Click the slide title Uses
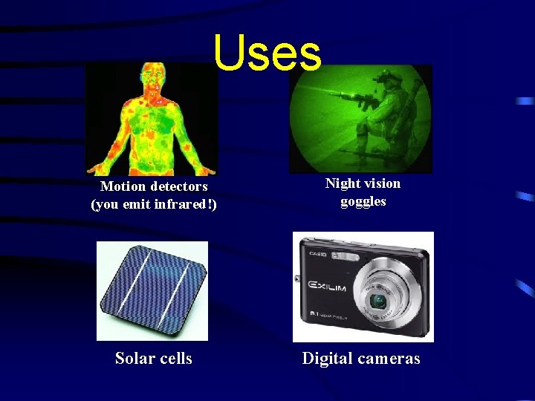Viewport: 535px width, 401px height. [267, 53]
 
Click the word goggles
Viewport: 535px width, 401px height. [363, 201]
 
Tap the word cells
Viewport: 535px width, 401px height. [175, 359]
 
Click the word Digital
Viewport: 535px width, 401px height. [327, 359]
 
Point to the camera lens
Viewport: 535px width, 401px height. [379, 301]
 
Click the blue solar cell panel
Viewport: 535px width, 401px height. [152, 290]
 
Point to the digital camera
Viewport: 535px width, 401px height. [362, 286]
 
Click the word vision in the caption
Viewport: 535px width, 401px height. [383, 183]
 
